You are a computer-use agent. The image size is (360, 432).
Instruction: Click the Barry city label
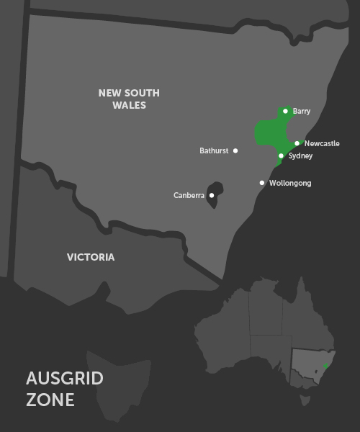coord(302,112)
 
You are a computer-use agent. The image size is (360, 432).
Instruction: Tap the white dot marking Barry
coord(286,111)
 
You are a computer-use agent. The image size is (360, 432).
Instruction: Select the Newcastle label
coord(322,143)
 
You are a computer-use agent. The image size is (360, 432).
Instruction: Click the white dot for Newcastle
coord(297,143)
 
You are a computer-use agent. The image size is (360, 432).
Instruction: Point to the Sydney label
coord(300,156)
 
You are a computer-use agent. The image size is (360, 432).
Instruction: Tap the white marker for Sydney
coord(281,156)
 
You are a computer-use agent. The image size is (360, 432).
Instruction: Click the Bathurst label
coord(214,150)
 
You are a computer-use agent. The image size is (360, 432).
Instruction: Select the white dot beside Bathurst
coord(235,150)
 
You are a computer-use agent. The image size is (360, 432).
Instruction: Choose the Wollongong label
coord(290,183)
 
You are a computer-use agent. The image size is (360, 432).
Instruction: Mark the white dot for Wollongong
coord(262,183)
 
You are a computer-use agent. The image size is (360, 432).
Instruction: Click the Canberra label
coord(189,195)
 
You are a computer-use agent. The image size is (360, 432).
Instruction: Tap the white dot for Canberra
coord(211,195)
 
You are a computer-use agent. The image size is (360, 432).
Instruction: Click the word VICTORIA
coord(91,257)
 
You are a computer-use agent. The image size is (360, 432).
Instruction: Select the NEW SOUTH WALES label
coord(129,99)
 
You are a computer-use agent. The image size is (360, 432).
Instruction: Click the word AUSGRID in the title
coord(65,378)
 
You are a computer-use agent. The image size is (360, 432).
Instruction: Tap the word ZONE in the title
coord(50,400)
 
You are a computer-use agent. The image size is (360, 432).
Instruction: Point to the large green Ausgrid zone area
coord(270,133)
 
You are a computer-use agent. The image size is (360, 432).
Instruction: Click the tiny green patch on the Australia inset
coord(326,366)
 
